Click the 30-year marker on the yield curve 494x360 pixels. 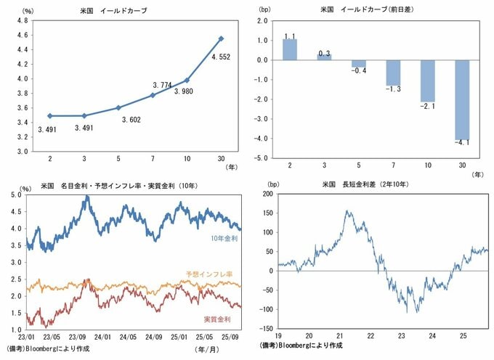(221, 38)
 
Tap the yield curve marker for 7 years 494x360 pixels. (152, 95)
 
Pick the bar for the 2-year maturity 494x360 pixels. (290, 49)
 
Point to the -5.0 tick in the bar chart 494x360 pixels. (263, 157)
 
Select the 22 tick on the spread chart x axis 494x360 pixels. (372, 335)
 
